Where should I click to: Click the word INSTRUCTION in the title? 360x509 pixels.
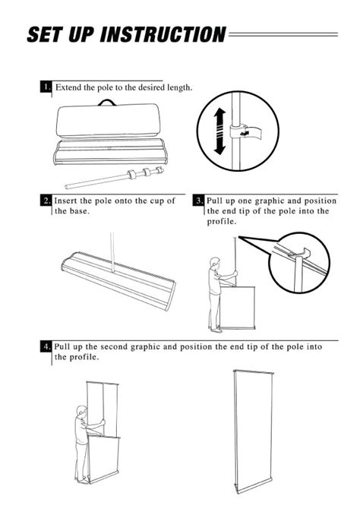[x=163, y=34]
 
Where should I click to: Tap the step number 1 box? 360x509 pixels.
[x=46, y=87]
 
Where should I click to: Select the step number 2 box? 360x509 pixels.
[x=46, y=201]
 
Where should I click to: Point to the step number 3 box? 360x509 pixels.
[x=199, y=201]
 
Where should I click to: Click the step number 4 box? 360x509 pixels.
[x=46, y=346]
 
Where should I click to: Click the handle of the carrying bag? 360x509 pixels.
[x=107, y=103]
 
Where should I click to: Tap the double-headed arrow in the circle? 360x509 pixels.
[x=219, y=131]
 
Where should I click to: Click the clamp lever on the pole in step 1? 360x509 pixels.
[x=245, y=132]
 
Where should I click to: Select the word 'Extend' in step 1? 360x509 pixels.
[x=67, y=87]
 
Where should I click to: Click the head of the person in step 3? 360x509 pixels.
[x=215, y=262]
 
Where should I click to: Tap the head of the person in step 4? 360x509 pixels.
[x=83, y=411]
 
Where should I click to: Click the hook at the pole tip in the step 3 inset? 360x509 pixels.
[x=303, y=253]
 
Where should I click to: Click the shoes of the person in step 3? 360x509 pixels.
[x=216, y=330]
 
